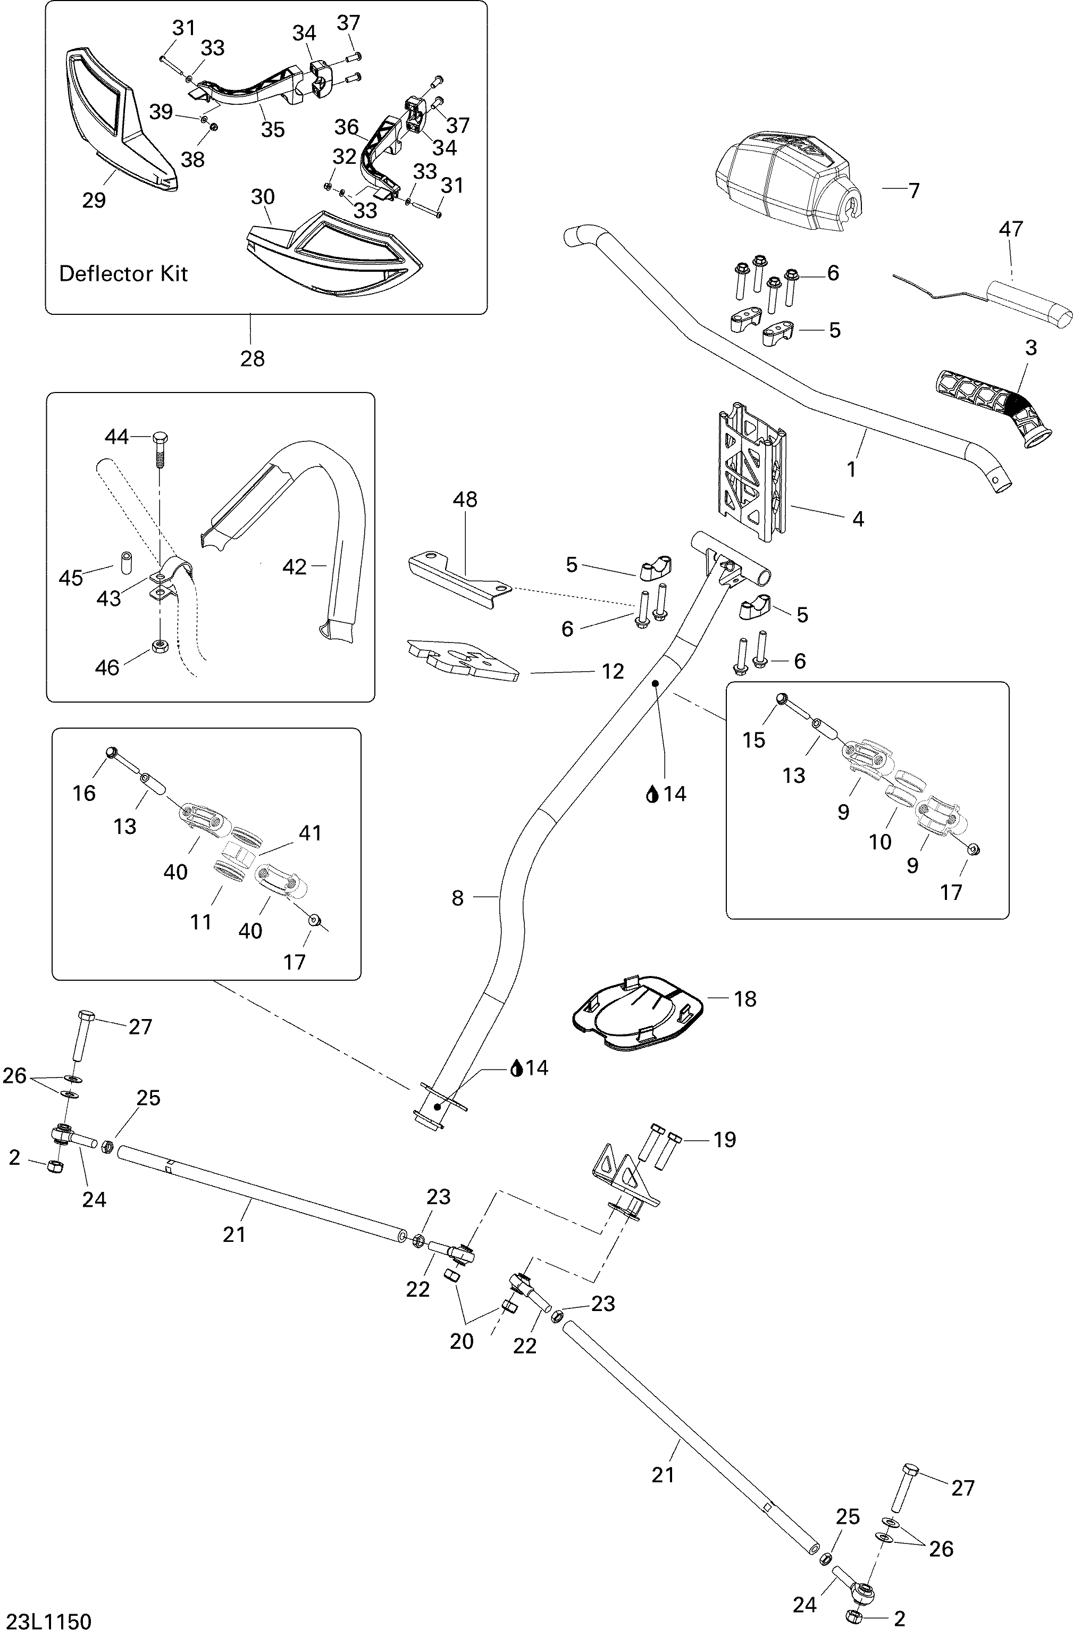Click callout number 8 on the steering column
(458, 898)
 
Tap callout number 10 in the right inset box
(880, 841)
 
